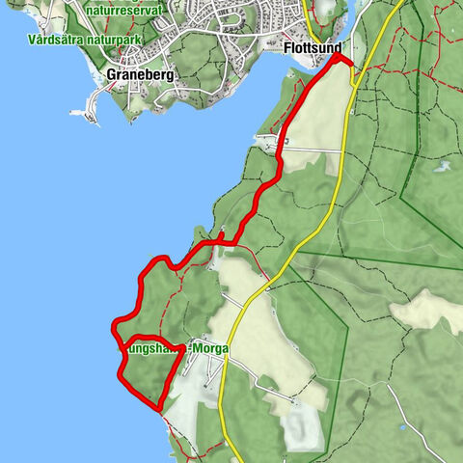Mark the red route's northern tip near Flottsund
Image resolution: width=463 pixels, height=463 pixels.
[x=338, y=57]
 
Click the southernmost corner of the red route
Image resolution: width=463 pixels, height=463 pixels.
[x=159, y=409]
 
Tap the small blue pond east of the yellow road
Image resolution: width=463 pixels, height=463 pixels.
[x=441, y=165]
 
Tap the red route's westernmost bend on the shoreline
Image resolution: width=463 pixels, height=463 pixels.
[x=115, y=322]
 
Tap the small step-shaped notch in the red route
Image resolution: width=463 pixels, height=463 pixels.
[x=223, y=237]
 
